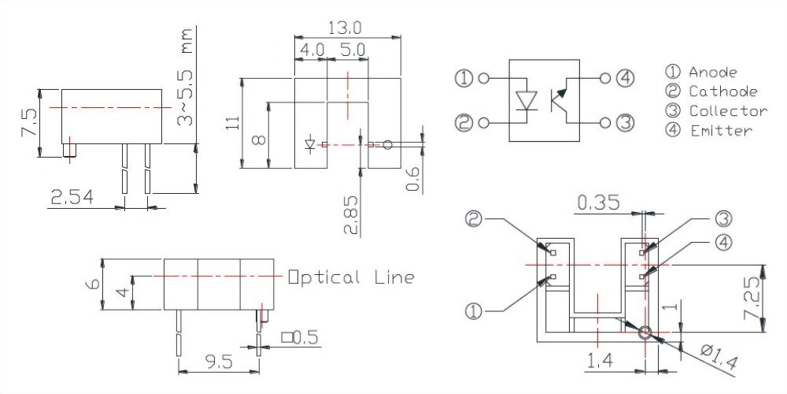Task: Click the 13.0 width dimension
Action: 347,28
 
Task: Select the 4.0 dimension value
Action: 311,49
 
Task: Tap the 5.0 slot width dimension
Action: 352,49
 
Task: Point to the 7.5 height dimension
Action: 29,123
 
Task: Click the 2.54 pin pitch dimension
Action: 71,198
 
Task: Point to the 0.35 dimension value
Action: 602,203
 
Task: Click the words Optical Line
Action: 351,277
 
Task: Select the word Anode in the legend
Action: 712,72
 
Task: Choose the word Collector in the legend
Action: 728,110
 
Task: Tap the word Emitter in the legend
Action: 720,130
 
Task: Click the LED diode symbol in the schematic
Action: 526,100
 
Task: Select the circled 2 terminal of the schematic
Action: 464,123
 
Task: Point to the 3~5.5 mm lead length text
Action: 186,74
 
